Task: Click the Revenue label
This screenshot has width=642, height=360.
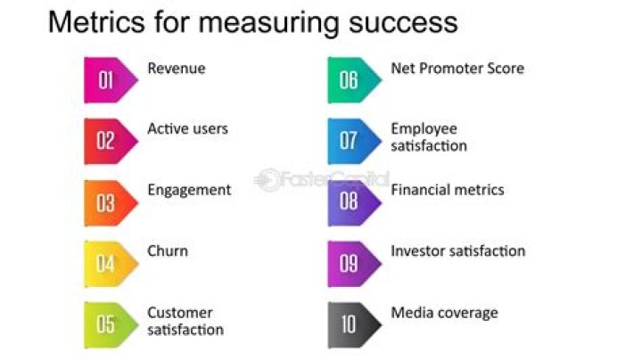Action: coord(176,69)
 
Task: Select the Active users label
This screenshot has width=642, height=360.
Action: coord(187,129)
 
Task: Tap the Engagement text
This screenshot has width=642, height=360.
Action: coord(189,190)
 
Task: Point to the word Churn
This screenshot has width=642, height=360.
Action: coord(168,251)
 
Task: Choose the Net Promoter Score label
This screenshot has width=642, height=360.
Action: coord(457,69)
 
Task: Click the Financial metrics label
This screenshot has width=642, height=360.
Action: coord(448,190)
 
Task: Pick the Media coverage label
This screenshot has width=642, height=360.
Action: coord(444,313)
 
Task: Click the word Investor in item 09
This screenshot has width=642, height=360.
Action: coord(416,251)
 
